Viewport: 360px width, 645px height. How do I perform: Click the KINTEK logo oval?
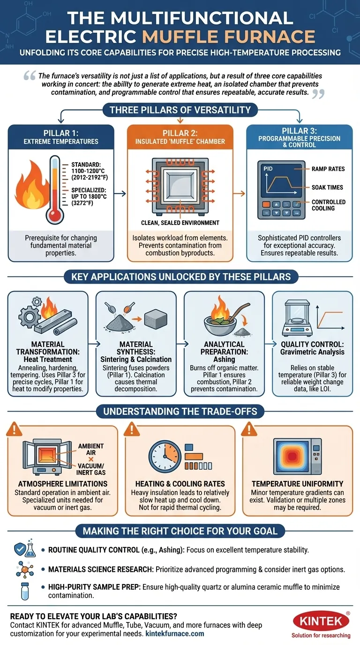[x=321, y=622]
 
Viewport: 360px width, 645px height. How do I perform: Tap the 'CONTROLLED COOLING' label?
[x=328, y=205]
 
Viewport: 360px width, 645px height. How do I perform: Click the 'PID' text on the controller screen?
[x=268, y=168]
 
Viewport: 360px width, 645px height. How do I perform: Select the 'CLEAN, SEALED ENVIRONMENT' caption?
[x=180, y=223]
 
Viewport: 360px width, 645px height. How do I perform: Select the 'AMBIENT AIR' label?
[x=91, y=446]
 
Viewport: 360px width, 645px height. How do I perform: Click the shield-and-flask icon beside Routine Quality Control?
[x=22, y=548]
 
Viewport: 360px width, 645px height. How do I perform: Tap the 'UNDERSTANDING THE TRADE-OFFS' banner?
[x=180, y=412]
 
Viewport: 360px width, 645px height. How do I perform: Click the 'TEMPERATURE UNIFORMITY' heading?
[x=297, y=483]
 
